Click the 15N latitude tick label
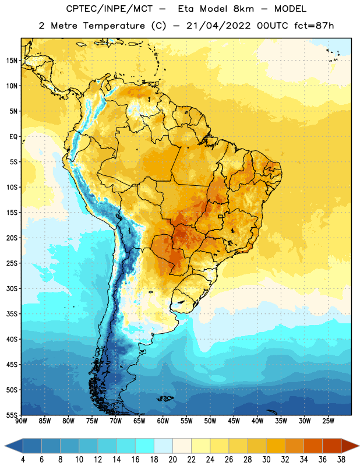click(12, 61)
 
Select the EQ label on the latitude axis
click(13, 137)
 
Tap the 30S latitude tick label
click(12, 288)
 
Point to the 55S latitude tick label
click(12, 415)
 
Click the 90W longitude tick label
click(21, 421)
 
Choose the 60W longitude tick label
click(163, 421)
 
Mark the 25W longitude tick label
click(328, 421)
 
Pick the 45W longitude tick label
click(234, 421)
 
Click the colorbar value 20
click(172, 460)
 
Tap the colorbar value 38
click(341, 460)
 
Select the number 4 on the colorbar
click(23, 460)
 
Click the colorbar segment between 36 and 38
click(332, 446)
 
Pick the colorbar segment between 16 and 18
click(144, 446)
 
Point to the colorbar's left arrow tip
click(5, 446)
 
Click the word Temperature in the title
click(114, 26)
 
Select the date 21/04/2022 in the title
click(219, 26)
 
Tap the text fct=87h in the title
click(314, 26)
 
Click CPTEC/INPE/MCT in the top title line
click(109, 9)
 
